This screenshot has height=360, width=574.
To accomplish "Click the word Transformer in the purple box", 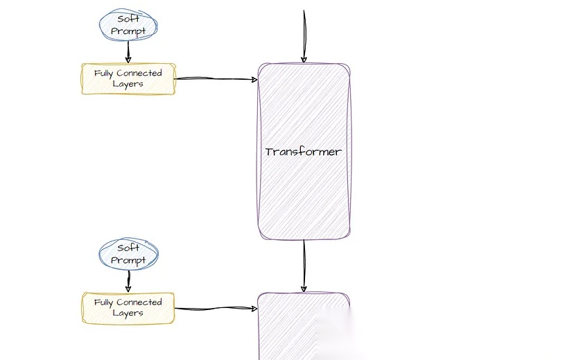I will [x=303, y=151].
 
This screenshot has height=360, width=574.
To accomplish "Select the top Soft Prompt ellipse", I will [x=128, y=24].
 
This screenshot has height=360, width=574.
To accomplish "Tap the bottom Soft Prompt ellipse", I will [x=128, y=253].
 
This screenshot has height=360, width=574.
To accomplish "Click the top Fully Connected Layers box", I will [x=128, y=78].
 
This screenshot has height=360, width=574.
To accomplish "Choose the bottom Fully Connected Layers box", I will [x=128, y=307].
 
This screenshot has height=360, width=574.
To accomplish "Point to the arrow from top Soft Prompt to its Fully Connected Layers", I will [x=128, y=51].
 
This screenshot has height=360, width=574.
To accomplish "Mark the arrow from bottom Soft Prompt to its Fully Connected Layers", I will [x=128, y=280].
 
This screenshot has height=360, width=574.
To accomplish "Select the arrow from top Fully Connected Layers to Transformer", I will [x=215, y=79].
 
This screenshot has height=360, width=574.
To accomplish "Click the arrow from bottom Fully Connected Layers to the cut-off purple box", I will [x=215, y=308].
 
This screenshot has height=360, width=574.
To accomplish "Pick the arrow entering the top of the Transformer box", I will [x=304, y=35].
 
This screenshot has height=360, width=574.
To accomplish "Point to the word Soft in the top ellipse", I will [x=128, y=19].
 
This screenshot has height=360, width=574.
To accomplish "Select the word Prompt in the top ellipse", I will [x=128, y=31].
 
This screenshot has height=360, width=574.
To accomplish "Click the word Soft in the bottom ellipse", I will [x=128, y=248].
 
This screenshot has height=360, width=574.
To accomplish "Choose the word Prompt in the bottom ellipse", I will [x=128, y=260].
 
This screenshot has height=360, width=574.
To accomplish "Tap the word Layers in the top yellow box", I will [x=128, y=84].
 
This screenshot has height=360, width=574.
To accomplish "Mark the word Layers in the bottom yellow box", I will [x=128, y=313].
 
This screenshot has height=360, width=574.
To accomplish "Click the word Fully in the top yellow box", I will [x=104, y=73].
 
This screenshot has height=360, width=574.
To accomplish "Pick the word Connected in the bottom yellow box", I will [x=139, y=302].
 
